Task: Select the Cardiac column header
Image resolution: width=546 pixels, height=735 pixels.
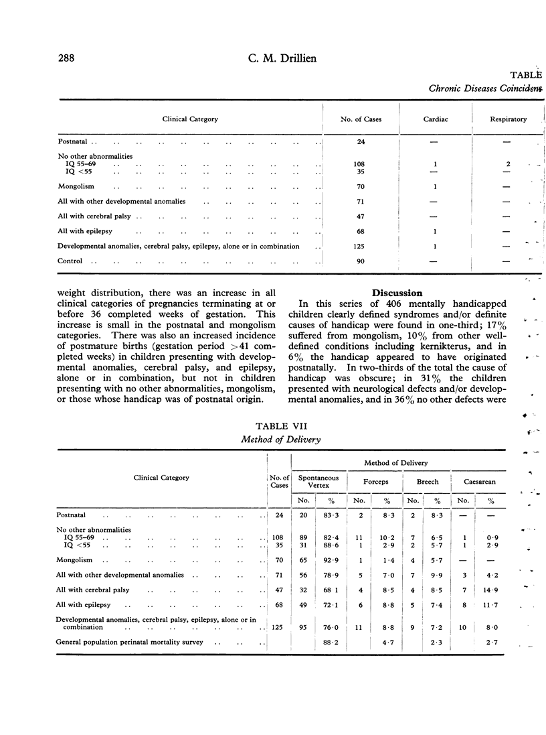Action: click(435, 119)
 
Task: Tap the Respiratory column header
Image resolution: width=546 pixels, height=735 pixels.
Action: click(507, 119)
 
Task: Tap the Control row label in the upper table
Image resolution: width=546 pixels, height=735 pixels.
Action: click(70, 261)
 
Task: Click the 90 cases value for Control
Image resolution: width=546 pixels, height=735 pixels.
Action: click(360, 261)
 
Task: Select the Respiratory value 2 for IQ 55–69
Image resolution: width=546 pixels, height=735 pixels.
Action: click(507, 163)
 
